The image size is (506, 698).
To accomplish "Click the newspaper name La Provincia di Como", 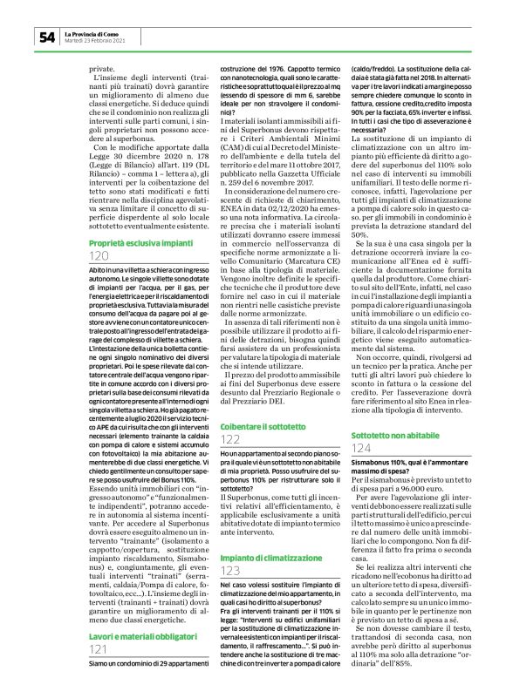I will (94, 33).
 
